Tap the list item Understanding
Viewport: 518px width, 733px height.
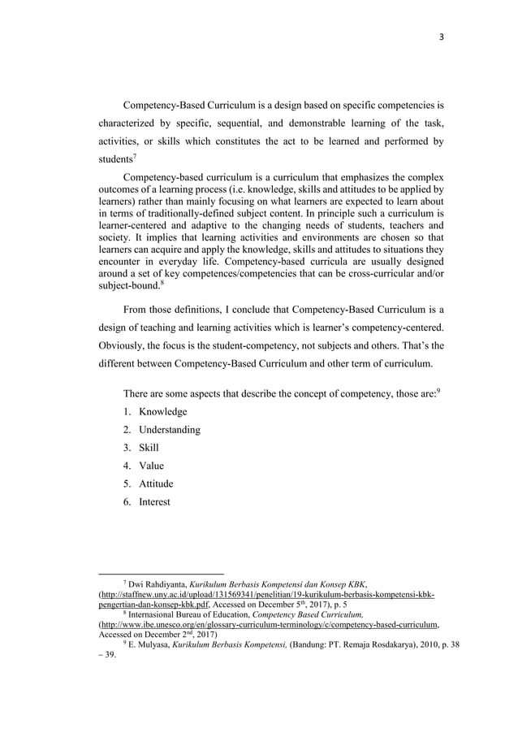[x=170, y=430]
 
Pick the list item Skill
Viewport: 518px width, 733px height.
[x=149, y=448]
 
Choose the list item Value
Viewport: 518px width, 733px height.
[x=151, y=466]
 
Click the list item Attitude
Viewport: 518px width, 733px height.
[x=157, y=484]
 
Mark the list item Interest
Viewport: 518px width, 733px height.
[x=154, y=501]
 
